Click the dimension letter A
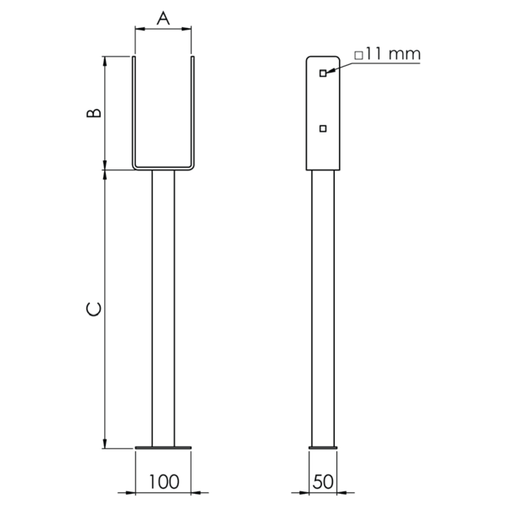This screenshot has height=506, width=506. point(163,18)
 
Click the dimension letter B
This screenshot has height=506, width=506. point(94,113)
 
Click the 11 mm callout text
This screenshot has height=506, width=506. point(393,54)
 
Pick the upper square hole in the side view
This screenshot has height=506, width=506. point(323,73)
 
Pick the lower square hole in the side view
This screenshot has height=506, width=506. point(323,129)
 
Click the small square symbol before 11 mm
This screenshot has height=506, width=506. point(359,55)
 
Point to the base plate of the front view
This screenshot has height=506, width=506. point(163,447)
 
